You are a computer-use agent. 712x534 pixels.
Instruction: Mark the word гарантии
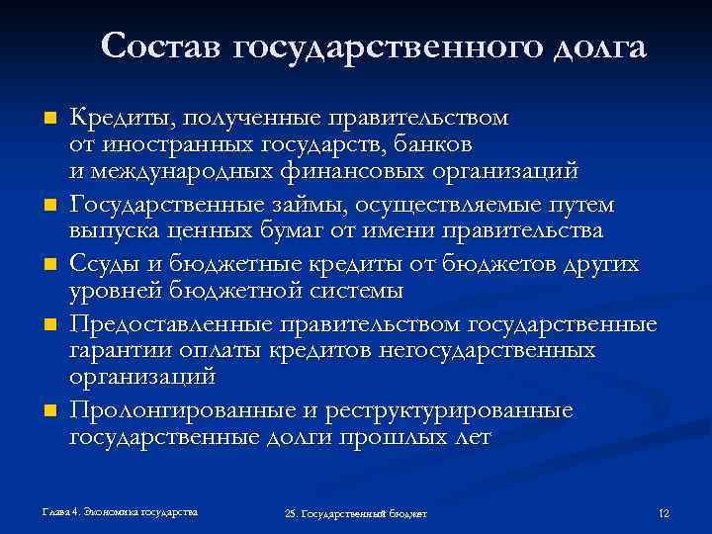[x=114, y=351]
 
